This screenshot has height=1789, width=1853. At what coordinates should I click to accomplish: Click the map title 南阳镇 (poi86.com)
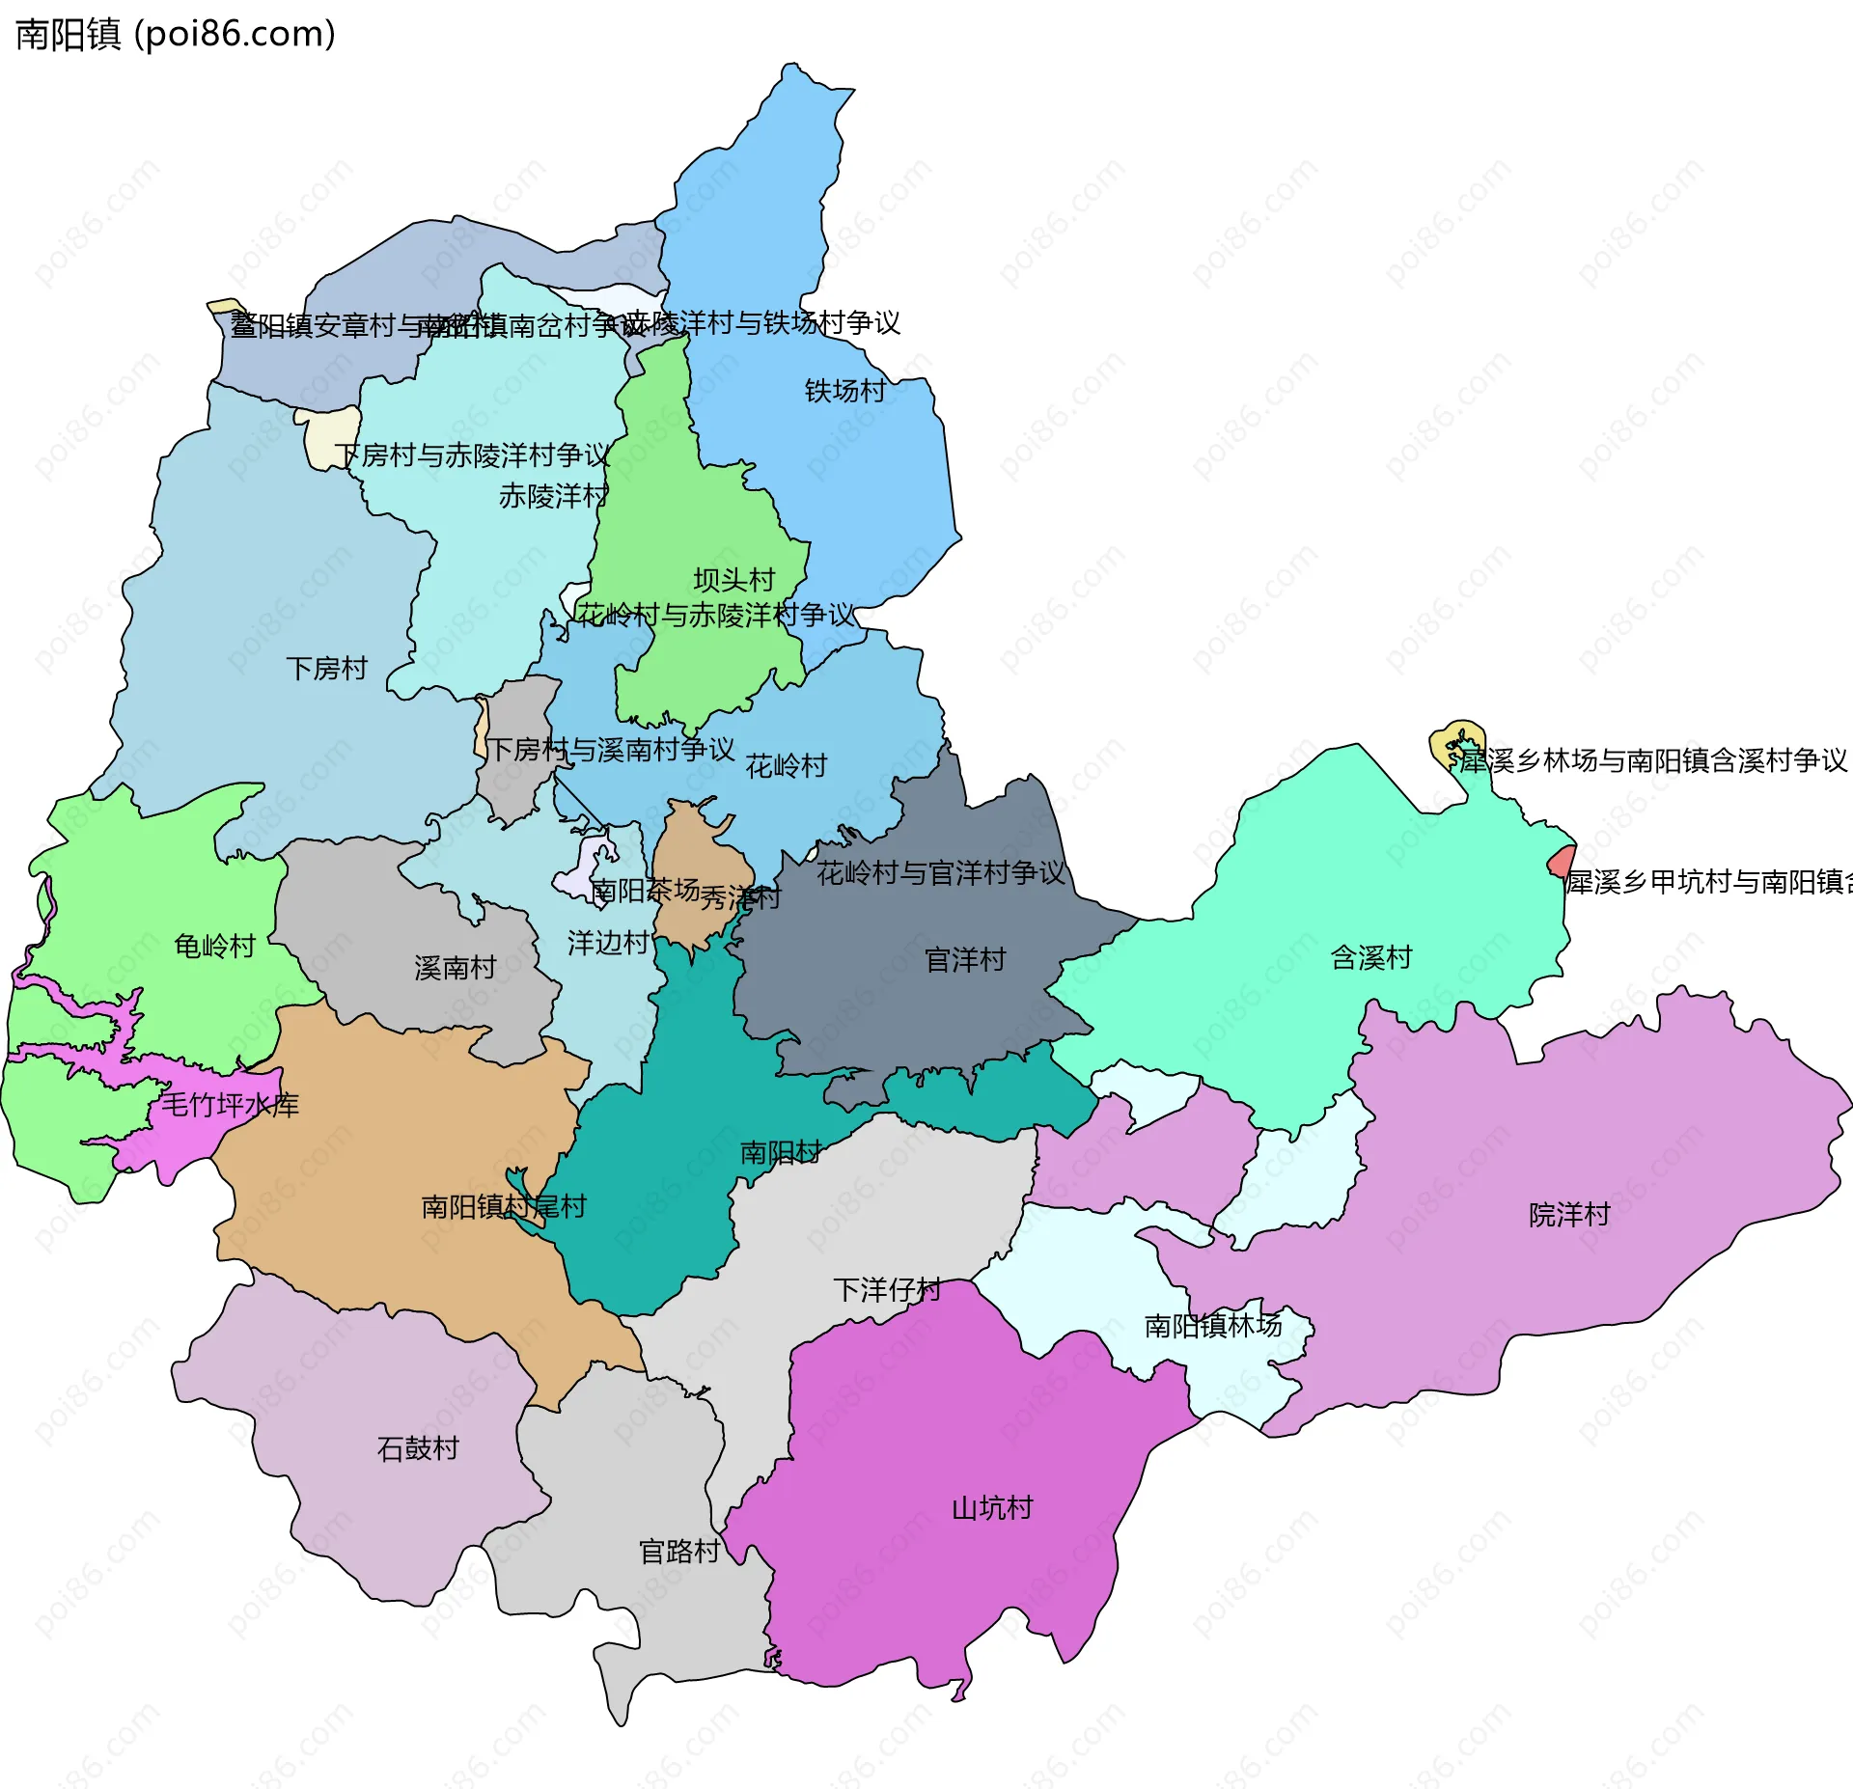click(176, 35)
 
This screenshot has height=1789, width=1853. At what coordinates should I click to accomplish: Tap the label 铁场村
click(844, 391)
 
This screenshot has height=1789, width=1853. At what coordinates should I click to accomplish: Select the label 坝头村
click(733, 580)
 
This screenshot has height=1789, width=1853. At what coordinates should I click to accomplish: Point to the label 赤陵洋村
click(553, 496)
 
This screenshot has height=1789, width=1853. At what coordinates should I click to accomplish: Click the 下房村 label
click(326, 668)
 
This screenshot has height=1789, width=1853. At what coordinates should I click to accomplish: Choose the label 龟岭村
click(214, 946)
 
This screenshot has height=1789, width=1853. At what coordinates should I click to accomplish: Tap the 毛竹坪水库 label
click(230, 1105)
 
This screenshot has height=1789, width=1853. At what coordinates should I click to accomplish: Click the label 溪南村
click(455, 967)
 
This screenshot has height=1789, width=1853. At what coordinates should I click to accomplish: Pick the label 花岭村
click(786, 766)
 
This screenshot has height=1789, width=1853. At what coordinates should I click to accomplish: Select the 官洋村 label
click(965, 959)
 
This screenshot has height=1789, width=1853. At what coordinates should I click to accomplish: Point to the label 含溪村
click(1370, 957)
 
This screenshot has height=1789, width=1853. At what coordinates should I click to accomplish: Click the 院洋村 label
click(1569, 1214)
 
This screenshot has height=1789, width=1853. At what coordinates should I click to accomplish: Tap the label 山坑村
click(992, 1507)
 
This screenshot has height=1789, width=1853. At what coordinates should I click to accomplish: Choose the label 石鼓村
click(417, 1448)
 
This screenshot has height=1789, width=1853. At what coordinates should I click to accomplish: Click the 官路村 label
click(679, 1552)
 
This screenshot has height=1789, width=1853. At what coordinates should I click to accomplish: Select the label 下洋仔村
click(886, 1290)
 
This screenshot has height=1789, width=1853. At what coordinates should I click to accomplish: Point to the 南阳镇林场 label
click(1212, 1326)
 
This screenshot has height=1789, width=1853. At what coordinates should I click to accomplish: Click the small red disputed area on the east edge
click(1562, 861)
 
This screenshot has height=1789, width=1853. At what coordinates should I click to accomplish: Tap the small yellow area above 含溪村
click(1454, 742)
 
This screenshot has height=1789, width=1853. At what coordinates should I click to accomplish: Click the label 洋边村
click(607, 943)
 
